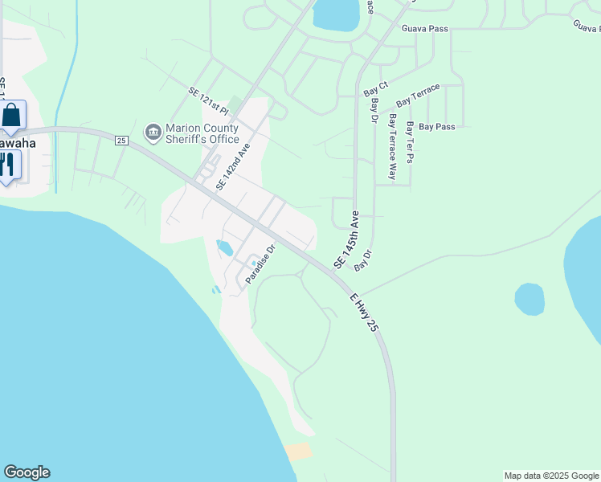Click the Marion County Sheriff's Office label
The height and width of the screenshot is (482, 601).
coord(202,133)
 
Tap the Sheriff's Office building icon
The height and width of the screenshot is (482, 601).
coord(153,132)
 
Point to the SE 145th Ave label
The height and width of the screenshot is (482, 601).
coord(345,240)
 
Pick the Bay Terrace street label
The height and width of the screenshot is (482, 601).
coord(418,94)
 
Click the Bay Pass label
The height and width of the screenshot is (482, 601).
coord(437,127)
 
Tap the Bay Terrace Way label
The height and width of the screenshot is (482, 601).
coord(393,145)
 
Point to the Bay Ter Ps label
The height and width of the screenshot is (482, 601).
coord(410,143)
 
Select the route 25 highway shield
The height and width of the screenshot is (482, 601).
coord(121,141)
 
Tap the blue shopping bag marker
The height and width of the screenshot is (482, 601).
coord(12,115)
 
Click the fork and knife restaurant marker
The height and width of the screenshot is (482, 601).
coord(7,165)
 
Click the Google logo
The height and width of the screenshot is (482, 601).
coord(27,472)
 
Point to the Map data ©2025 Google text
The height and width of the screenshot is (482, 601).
coord(551,476)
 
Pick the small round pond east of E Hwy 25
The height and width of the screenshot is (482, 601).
coord(529,299)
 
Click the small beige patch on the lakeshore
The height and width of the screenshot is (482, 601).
coord(297,451)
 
